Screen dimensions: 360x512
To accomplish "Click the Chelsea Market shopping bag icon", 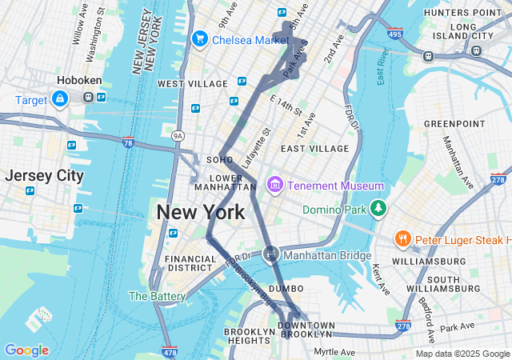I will pos(199,38).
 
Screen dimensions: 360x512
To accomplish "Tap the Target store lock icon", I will pos(60,98).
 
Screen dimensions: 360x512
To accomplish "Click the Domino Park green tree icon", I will pos(378,210).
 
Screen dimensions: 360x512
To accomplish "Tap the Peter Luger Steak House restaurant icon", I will pos(402,239).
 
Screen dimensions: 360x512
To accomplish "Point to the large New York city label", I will pos(201,213).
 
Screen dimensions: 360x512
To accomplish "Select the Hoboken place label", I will pos(78,80).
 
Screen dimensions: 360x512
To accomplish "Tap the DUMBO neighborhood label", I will pos(286,288).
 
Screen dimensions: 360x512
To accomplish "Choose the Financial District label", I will pos(190,263).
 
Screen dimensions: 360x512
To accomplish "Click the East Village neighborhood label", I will pos(314,149).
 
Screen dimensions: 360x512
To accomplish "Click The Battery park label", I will pos(158,296).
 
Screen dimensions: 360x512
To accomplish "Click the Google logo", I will pos(26,350).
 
